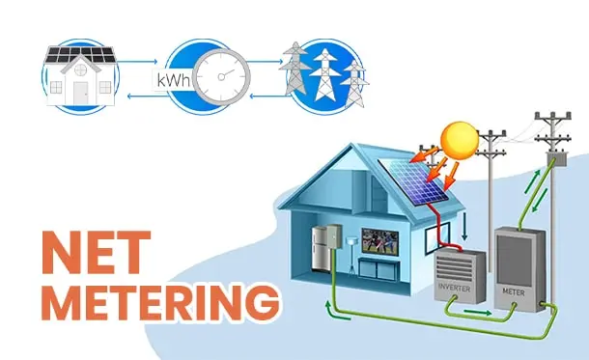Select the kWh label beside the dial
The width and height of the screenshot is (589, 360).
[172, 80]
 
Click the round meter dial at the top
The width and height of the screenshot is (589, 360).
[219, 76]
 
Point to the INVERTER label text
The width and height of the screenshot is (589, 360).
[455, 288]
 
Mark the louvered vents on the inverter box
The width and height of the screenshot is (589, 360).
[456, 264]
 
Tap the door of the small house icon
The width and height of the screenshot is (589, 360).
[81, 91]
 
